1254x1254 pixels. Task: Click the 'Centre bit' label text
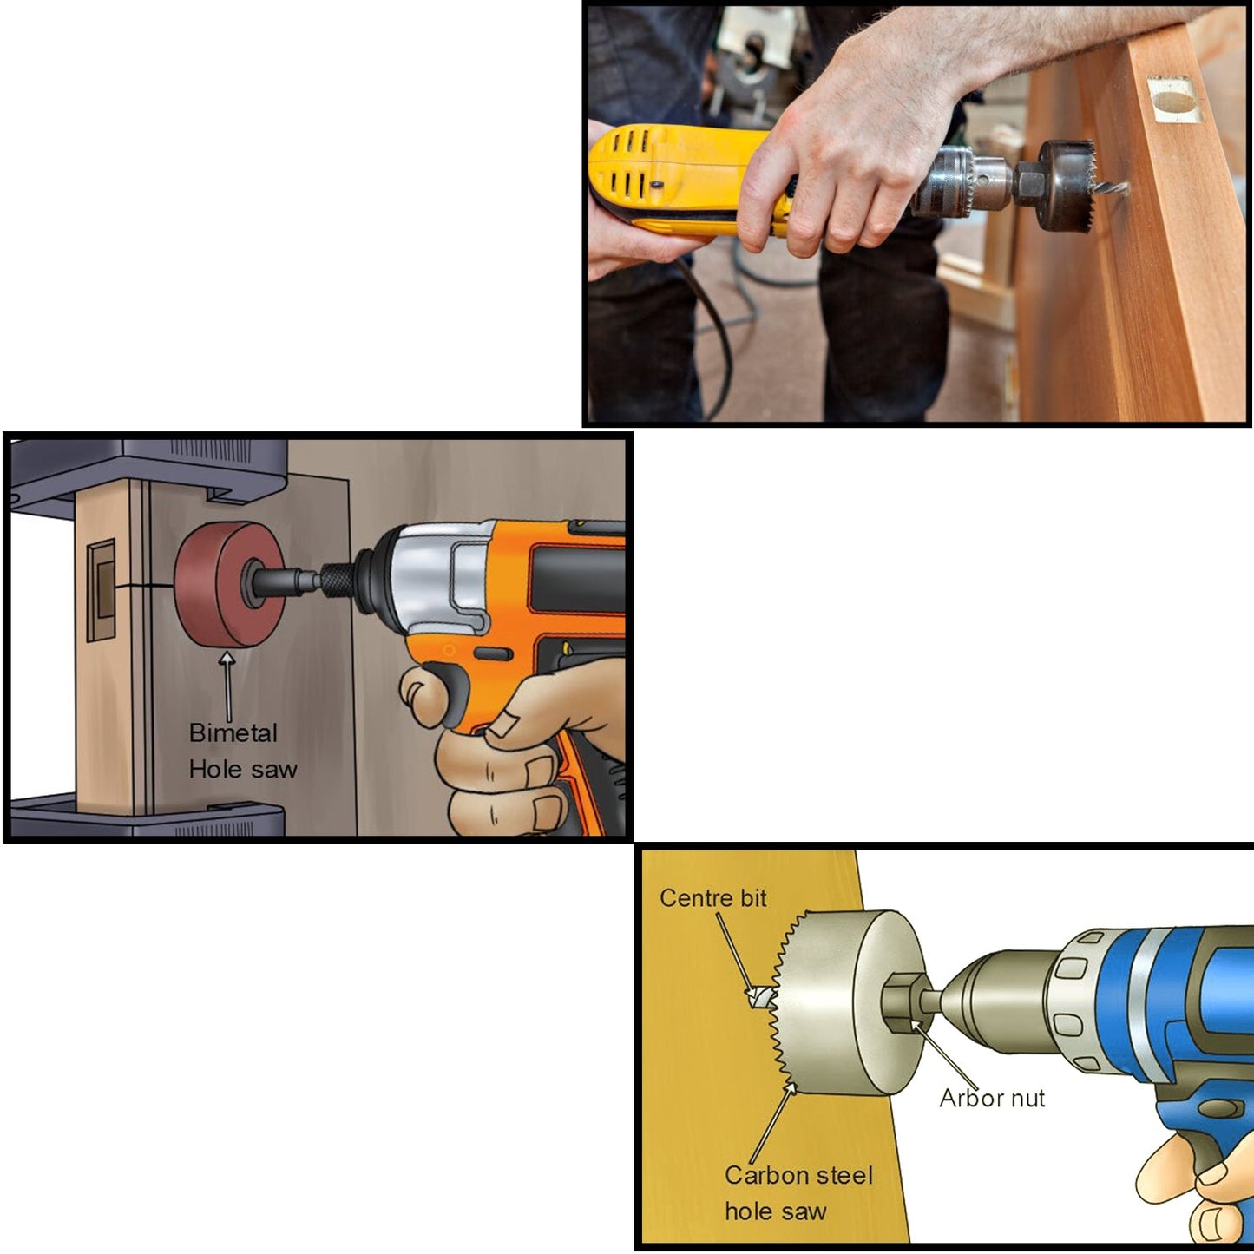712,898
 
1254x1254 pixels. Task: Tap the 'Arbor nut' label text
992,1099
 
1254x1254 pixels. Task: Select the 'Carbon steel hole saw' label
798,1193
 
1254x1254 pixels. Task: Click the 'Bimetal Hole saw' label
242,751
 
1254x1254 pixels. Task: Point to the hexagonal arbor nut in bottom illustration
902,1002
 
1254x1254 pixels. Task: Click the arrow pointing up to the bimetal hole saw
228,686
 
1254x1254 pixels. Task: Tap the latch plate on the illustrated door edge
102,590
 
